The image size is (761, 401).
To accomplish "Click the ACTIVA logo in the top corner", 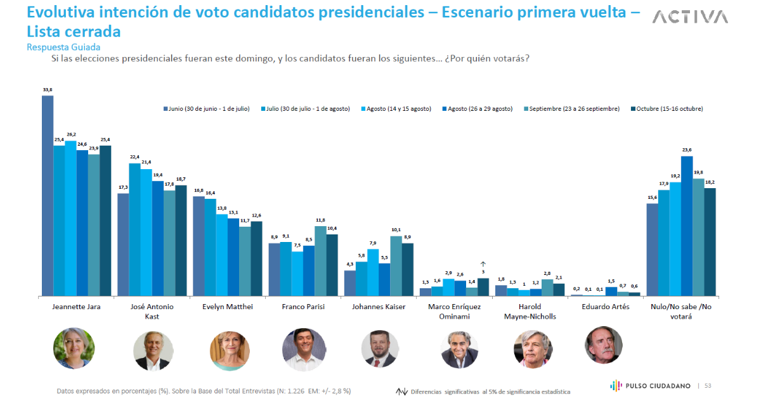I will coord(690,17).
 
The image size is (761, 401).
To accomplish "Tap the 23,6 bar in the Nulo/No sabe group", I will coord(687,226).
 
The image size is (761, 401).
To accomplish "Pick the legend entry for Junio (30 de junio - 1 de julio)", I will coord(206,109).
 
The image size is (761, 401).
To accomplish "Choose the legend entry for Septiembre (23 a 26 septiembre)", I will coord(573,109).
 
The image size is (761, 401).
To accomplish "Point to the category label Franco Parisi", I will coord(304,307).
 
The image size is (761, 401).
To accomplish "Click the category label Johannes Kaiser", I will coord(379,307).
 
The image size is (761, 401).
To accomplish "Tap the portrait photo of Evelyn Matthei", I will coord(229,349).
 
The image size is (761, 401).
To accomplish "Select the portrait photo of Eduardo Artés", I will coord(603,345).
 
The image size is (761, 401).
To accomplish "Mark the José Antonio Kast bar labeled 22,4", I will coord(134,229).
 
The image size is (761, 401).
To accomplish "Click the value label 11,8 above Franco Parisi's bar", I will coord(321,220).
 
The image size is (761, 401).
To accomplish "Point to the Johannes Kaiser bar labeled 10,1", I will coord(396,265).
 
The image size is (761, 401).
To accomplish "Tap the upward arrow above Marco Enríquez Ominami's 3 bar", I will coord(483,264).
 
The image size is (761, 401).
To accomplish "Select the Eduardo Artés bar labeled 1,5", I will coord(611,291).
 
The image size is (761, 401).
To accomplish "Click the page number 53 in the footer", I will coord(708,385).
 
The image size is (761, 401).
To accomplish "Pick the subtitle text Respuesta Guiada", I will coord(63,47).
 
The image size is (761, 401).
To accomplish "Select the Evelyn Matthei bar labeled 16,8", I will coord(198,246).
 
